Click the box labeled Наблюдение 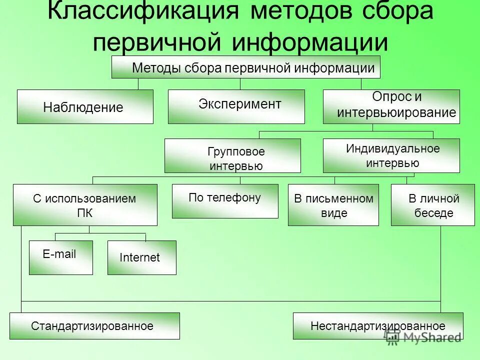coord(85,106)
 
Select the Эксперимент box coord(236,106)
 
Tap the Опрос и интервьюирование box coord(391,106)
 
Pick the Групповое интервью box coord(232,156)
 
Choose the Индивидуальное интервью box coord(391,155)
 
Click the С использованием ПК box coord(85,205)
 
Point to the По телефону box coord(225,201)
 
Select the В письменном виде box coord(333,205)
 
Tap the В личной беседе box coord(433,205)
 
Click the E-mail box coord(60,257)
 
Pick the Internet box coord(141,257)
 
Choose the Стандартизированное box coord(94,326)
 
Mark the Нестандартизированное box coord(378,326)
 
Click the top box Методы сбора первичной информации coord(245,67)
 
